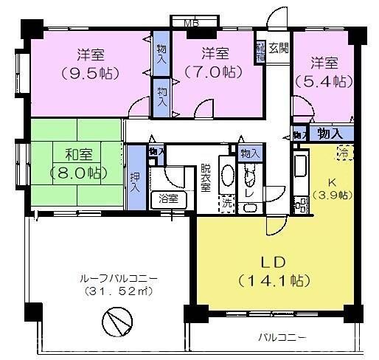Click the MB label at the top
tap(192, 22)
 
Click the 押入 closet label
tap(134, 181)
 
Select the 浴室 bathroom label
tap(168, 198)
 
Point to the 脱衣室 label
tap(206, 178)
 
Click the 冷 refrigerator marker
tap(344, 152)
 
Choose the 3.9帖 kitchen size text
tap(331, 195)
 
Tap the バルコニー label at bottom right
tap(283, 338)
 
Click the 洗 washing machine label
tap(227, 199)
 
